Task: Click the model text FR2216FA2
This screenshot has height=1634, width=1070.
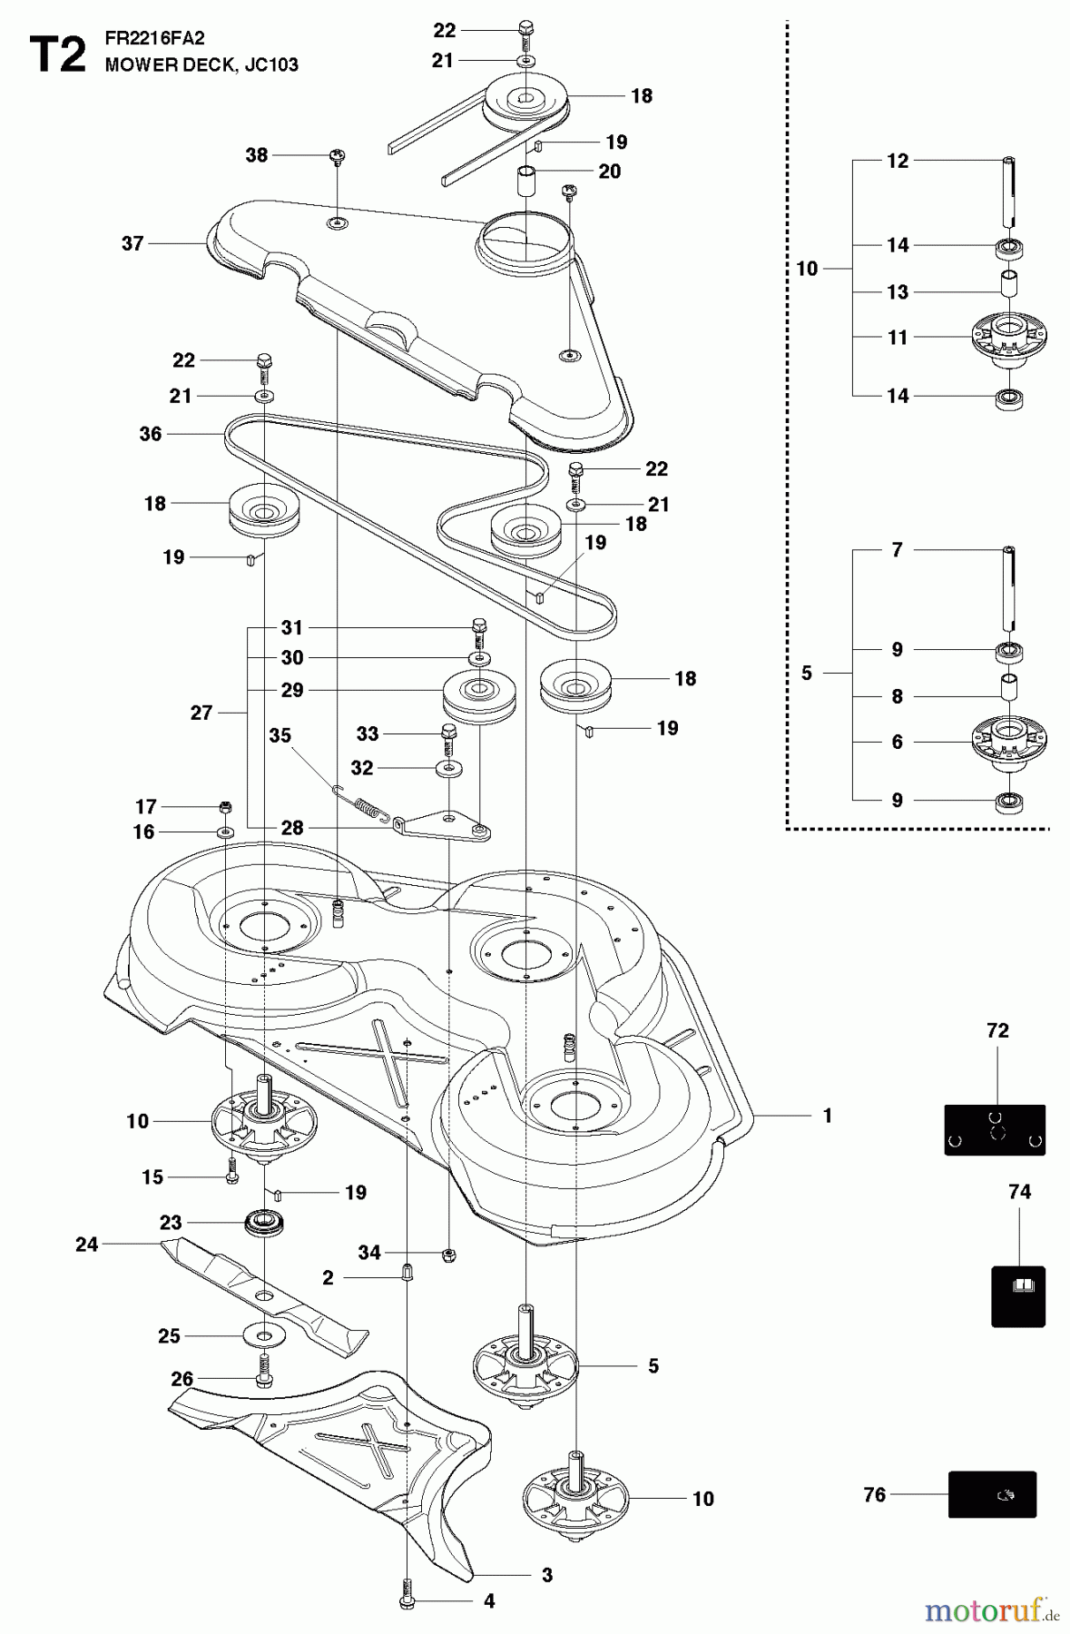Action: pyautogui.click(x=154, y=38)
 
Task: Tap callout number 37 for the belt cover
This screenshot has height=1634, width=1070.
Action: pyautogui.click(x=133, y=243)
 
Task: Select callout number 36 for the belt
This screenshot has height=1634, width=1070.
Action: pyautogui.click(x=151, y=434)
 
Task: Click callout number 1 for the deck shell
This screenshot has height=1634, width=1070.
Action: pyautogui.click(x=827, y=1115)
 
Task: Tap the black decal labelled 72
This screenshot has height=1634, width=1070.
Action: pyautogui.click(x=995, y=1129)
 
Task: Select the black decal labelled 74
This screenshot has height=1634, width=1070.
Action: pyautogui.click(x=1018, y=1295)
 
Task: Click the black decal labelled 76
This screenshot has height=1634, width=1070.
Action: pyautogui.click(x=992, y=1494)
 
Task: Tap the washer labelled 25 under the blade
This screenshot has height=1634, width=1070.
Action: pyautogui.click(x=263, y=1335)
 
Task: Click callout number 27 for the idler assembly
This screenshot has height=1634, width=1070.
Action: pyautogui.click(x=201, y=713)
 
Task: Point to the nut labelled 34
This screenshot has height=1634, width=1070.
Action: pyautogui.click(x=448, y=1255)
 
